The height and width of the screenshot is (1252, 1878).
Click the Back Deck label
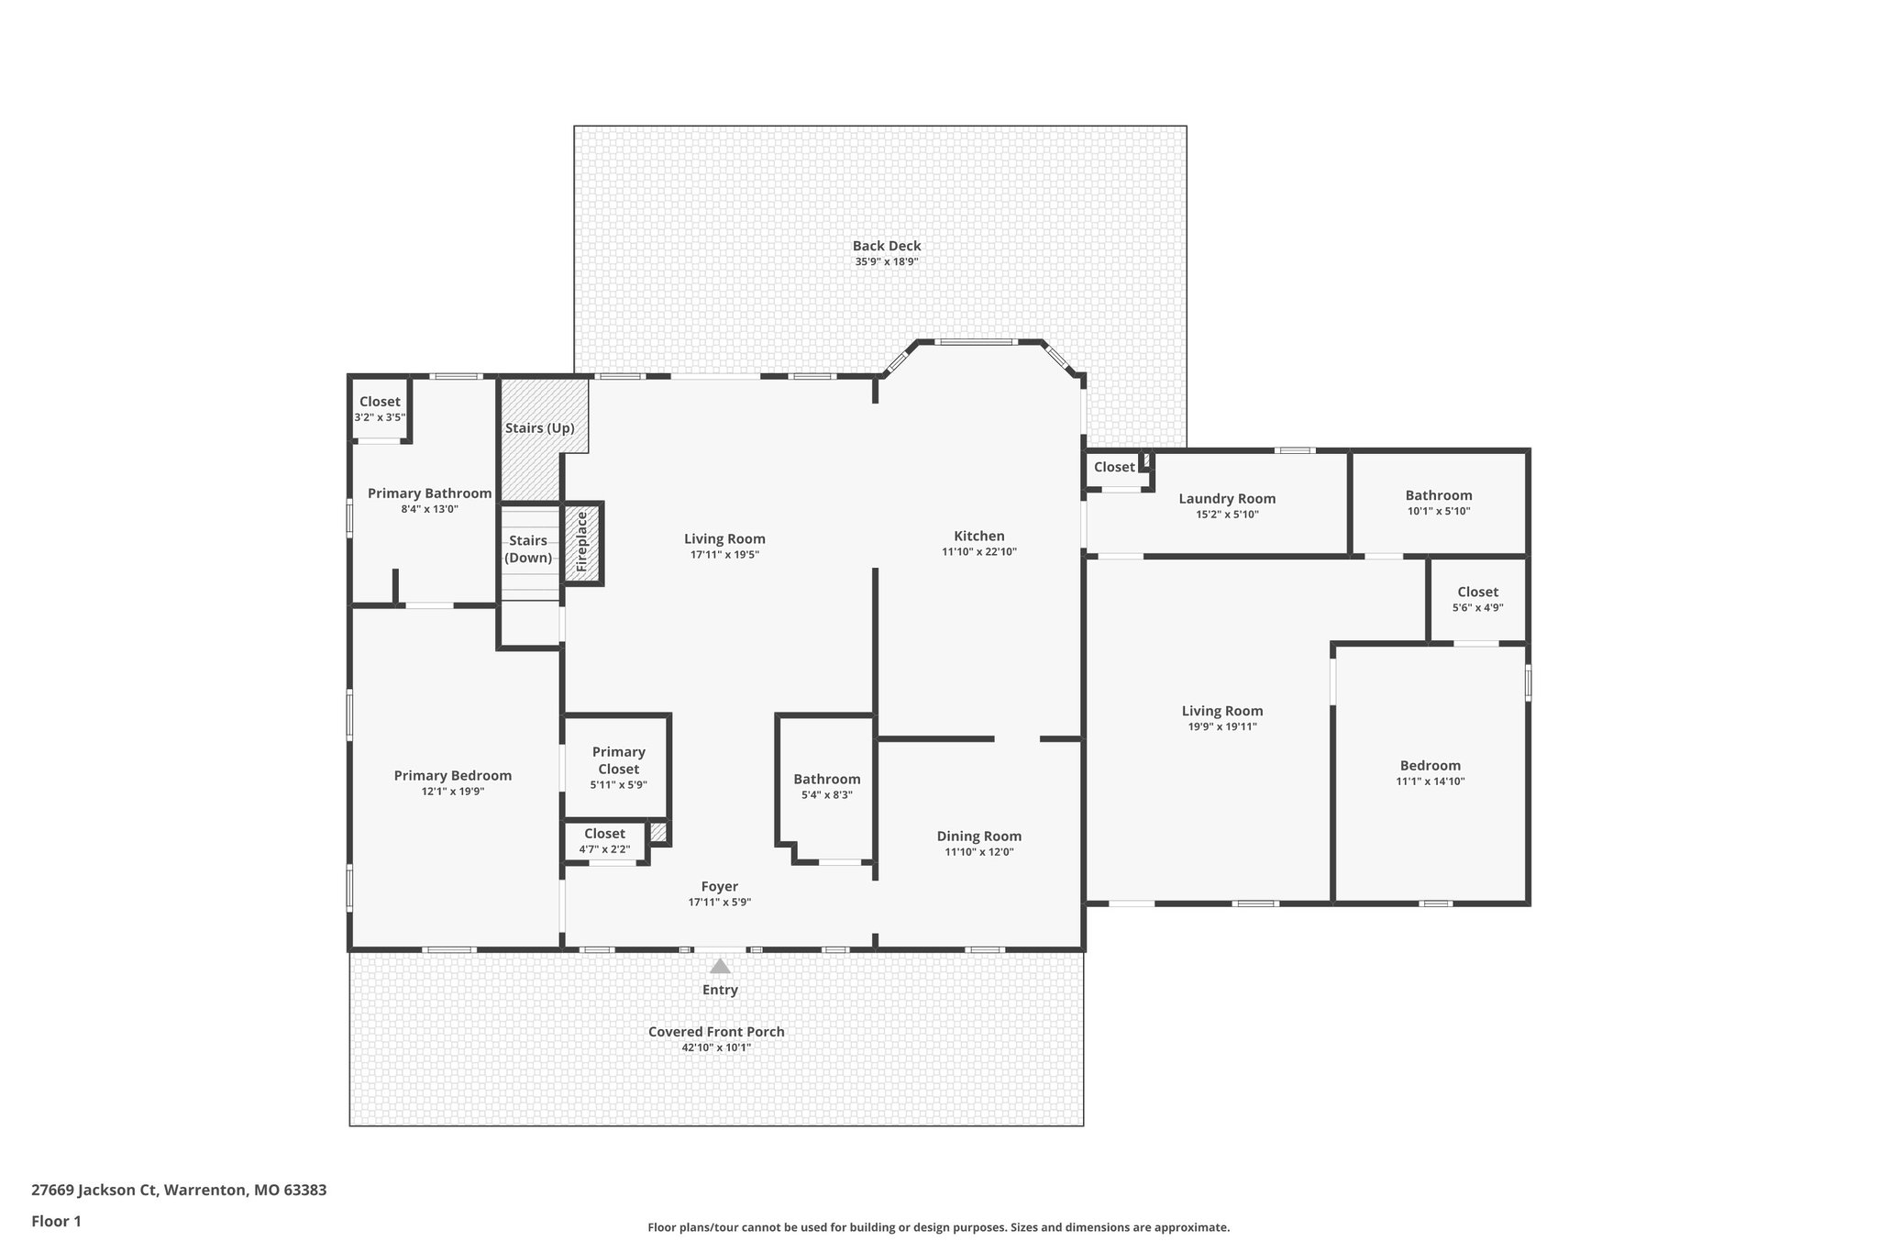click(x=887, y=246)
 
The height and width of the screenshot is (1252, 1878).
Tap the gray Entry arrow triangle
click(x=720, y=966)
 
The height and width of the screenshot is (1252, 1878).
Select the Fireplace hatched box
click(x=582, y=543)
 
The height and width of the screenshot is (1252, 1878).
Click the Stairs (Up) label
click(x=540, y=428)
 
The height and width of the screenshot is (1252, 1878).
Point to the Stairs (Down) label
click(x=529, y=549)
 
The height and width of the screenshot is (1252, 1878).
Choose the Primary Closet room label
click(x=619, y=760)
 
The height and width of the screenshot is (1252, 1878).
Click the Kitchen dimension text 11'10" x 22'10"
click(x=979, y=552)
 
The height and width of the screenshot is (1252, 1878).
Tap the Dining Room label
click(x=979, y=836)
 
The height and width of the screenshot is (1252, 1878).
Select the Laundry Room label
click(x=1227, y=499)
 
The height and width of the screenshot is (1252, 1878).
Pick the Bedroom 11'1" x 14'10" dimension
click(x=1431, y=781)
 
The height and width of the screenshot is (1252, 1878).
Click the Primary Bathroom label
click(x=430, y=493)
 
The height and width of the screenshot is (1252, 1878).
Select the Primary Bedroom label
click(x=453, y=776)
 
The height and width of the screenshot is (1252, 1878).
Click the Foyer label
click(x=720, y=887)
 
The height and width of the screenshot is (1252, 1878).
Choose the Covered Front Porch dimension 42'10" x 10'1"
click(x=716, y=1047)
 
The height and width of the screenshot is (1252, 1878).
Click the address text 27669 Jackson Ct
click(x=94, y=1191)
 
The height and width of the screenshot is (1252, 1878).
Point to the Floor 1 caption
click(x=56, y=1221)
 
